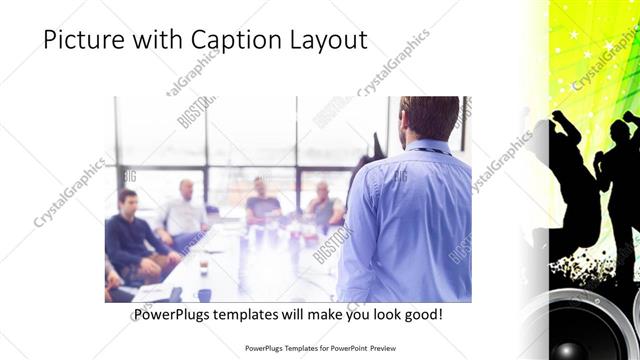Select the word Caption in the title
pos(234,40)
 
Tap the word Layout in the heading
pos(326,40)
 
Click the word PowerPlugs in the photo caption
pos(173,315)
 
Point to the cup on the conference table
pos(203,266)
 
